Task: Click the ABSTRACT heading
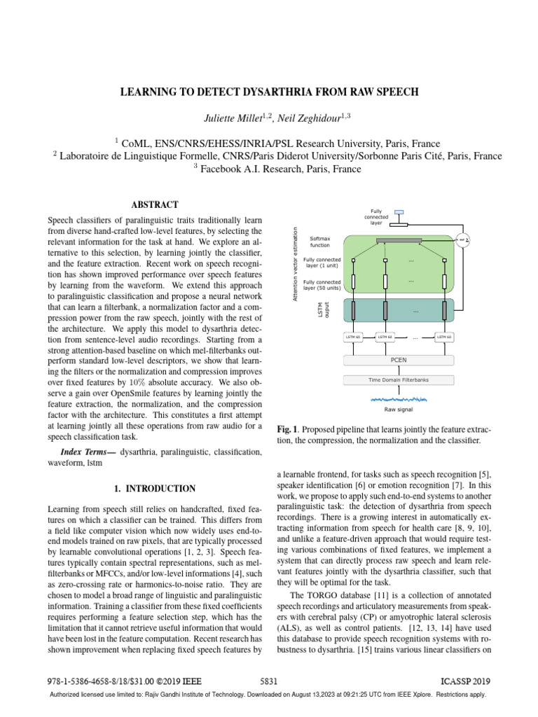click(x=155, y=204)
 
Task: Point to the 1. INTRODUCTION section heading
click(x=155, y=488)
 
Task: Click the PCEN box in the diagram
click(x=398, y=360)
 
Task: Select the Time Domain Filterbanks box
click(x=398, y=380)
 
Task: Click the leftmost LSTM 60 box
click(x=354, y=337)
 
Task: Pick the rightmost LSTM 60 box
click(x=444, y=337)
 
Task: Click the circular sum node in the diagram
click(x=463, y=241)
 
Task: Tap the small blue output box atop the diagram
click(x=399, y=212)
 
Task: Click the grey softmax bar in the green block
click(x=399, y=241)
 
